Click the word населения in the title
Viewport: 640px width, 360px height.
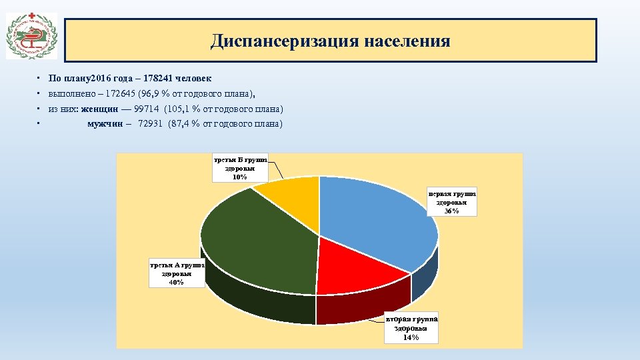point(407,41)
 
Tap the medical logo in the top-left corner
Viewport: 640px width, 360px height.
point(32,37)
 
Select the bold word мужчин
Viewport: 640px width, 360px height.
point(105,124)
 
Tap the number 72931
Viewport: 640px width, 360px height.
point(151,124)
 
